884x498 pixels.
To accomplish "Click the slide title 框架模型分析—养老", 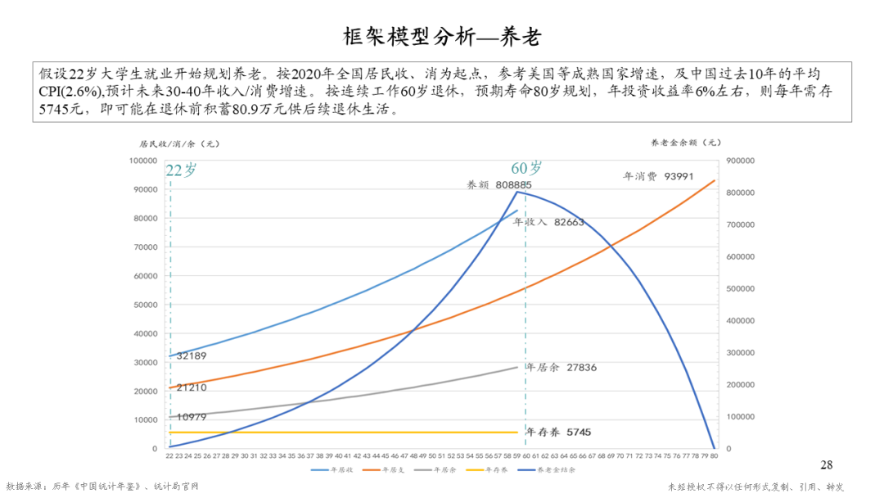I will pyautogui.click(x=442, y=38).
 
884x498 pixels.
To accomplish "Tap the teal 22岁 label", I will pyautogui.click(x=181, y=170).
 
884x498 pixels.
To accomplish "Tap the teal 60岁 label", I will pyautogui.click(x=526, y=168).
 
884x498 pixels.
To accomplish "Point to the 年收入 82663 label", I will pyautogui.click(x=548, y=222).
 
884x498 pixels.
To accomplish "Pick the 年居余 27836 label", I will pyautogui.click(x=561, y=368).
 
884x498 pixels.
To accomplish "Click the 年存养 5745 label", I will pyautogui.click(x=558, y=432).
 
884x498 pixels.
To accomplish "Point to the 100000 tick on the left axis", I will pyautogui.click(x=143, y=161).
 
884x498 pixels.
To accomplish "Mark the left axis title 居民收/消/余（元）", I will pyautogui.click(x=179, y=143).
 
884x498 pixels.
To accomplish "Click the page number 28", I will pyautogui.click(x=826, y=465).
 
